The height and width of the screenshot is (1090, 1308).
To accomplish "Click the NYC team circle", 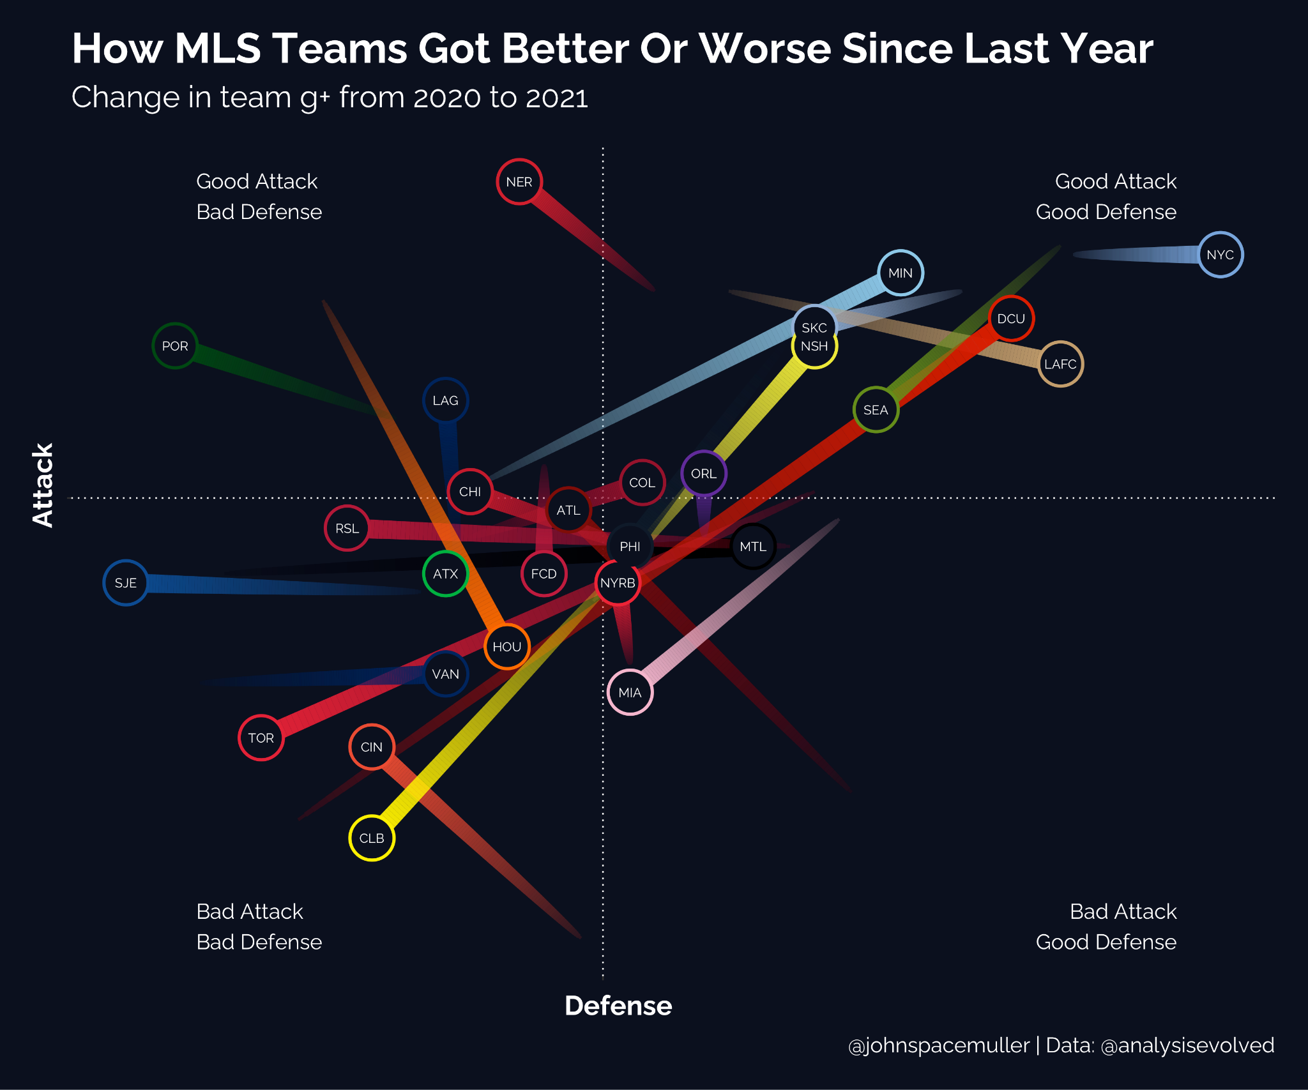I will (x=1220, y=255).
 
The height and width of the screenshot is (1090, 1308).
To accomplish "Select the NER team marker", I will (x=519, y=182).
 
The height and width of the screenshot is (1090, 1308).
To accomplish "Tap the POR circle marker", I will (x=175, y=346).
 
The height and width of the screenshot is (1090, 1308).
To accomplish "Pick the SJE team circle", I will (x=126, y=583).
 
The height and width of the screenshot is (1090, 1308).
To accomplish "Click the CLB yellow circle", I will (x=372, y=838).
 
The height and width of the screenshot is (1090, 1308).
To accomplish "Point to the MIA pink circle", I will (x=630, y=693).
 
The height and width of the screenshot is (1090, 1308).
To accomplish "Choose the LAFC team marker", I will (x=1060, y=365).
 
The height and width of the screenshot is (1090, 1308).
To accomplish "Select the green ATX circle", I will (x=445, y=574).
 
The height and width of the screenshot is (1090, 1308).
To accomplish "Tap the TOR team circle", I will (x=261, y=738).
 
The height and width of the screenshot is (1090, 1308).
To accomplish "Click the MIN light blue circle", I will (x=901, y=273).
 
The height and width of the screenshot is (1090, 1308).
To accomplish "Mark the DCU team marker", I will (x=1011, y=319).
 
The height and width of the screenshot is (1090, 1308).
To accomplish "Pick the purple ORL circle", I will (x=704, y=474).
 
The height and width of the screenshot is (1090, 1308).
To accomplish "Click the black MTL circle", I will (x=753, y=547).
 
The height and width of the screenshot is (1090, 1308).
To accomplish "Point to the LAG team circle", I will (x=445, y=401).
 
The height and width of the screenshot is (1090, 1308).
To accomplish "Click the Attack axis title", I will (x=43, y=485).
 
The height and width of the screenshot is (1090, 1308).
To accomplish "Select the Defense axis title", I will (x=618, y=1006).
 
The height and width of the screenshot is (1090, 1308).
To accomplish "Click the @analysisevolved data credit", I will (x=1188, y=1045).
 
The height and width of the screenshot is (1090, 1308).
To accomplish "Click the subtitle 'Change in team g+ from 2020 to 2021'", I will (x=330, y=98).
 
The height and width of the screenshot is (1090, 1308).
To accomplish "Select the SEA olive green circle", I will (x=876, y=410).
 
